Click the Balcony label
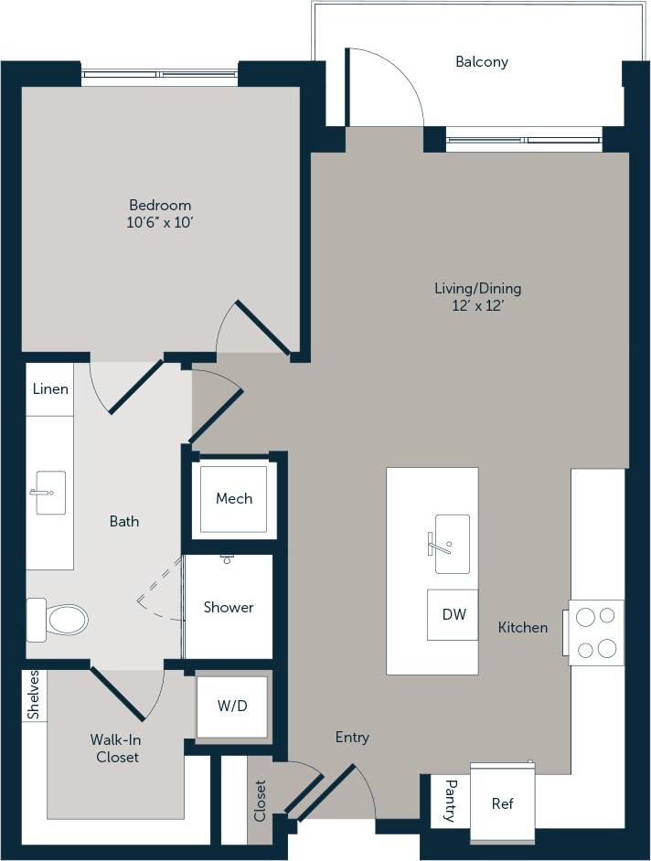[481, 62]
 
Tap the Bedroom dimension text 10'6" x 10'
[160, 222]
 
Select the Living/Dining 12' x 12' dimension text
[477, 306]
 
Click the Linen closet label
[50, 388]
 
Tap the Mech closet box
[234, 499]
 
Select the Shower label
[229, 607]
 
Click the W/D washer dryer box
[231, 706]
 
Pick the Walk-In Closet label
[114, 748]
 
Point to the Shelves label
[33, 696]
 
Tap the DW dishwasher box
[454, 615]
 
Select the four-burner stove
[596, 632]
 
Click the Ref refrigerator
[502, 803]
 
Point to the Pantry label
[450, 801]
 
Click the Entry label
[352, 737]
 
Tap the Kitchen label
[523, 627]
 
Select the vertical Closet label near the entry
[260, 800]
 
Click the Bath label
[124, 521]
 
